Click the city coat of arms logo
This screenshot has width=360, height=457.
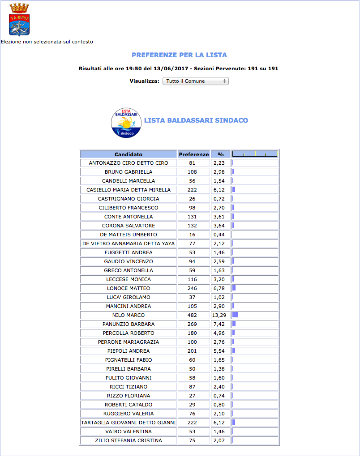tap(19, 20)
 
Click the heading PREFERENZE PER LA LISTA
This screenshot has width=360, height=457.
tap(179, 55)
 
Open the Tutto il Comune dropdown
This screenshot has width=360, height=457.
tap(195, 81)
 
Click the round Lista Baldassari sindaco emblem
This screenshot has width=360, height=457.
tap(126, 123)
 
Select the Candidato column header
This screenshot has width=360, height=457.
tap(129, 154)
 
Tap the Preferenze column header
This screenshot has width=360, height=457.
tap(194, 154)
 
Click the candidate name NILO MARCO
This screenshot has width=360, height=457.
tap(129, 315)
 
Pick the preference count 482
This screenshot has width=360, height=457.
tap(193, 315)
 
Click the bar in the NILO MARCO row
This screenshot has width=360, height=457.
tap(236, 315)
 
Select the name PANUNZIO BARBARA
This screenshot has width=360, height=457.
tap(129, 324)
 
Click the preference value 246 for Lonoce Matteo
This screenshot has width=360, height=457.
tap(193, 288)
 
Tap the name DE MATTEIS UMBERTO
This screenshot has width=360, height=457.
tap(129, 235)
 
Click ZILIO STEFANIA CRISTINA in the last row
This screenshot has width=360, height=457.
tap(129, 440)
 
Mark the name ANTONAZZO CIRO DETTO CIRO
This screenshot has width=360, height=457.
tap(129, 163)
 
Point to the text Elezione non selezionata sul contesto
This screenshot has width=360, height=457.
tap(47, 42)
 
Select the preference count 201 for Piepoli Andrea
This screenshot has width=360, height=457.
tap(193, 351)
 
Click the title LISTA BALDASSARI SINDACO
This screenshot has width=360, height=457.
tap(196, 120)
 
